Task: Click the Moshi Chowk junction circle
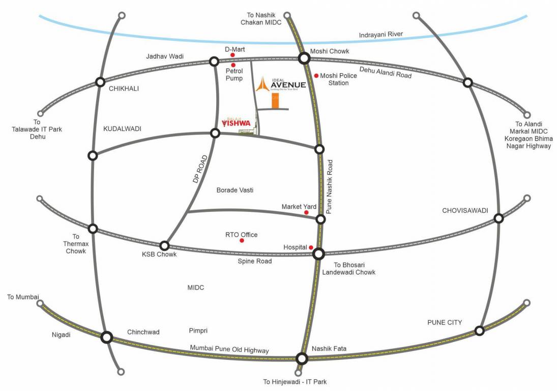[x=304, y=59]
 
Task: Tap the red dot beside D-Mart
[x=232, y=55]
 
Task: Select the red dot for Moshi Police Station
[x=316, y=76]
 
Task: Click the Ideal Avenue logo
[x=282, y=85]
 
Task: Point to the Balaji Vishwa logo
[x=237, y=122]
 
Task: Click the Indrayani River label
[x=381, y=35]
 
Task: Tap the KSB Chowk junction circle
[x=164, y=245]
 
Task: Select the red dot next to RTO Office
[x=242, y=240]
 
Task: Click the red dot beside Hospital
[x=311, y=247]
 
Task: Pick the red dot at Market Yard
[x=306, y=212]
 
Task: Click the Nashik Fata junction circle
[x=302, y=359]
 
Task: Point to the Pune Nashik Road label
[x=330, y=186]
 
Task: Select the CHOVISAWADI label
[x=465, y=210]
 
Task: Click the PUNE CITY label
[x=444, y=322]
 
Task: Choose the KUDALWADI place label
[x=122, y=129]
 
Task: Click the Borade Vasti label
[x=235, y=190]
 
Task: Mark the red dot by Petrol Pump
[x=233, y=65]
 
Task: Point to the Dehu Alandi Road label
[x=385, y=72]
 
